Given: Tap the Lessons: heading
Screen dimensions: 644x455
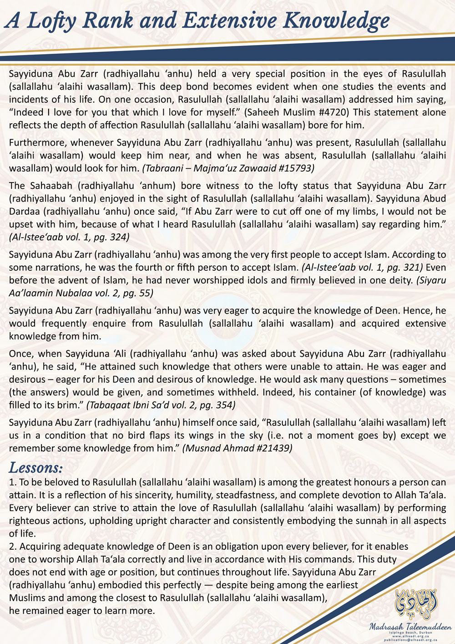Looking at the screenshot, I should coord(36,467).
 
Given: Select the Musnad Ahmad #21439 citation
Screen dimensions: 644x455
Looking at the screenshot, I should coord(237,448).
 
